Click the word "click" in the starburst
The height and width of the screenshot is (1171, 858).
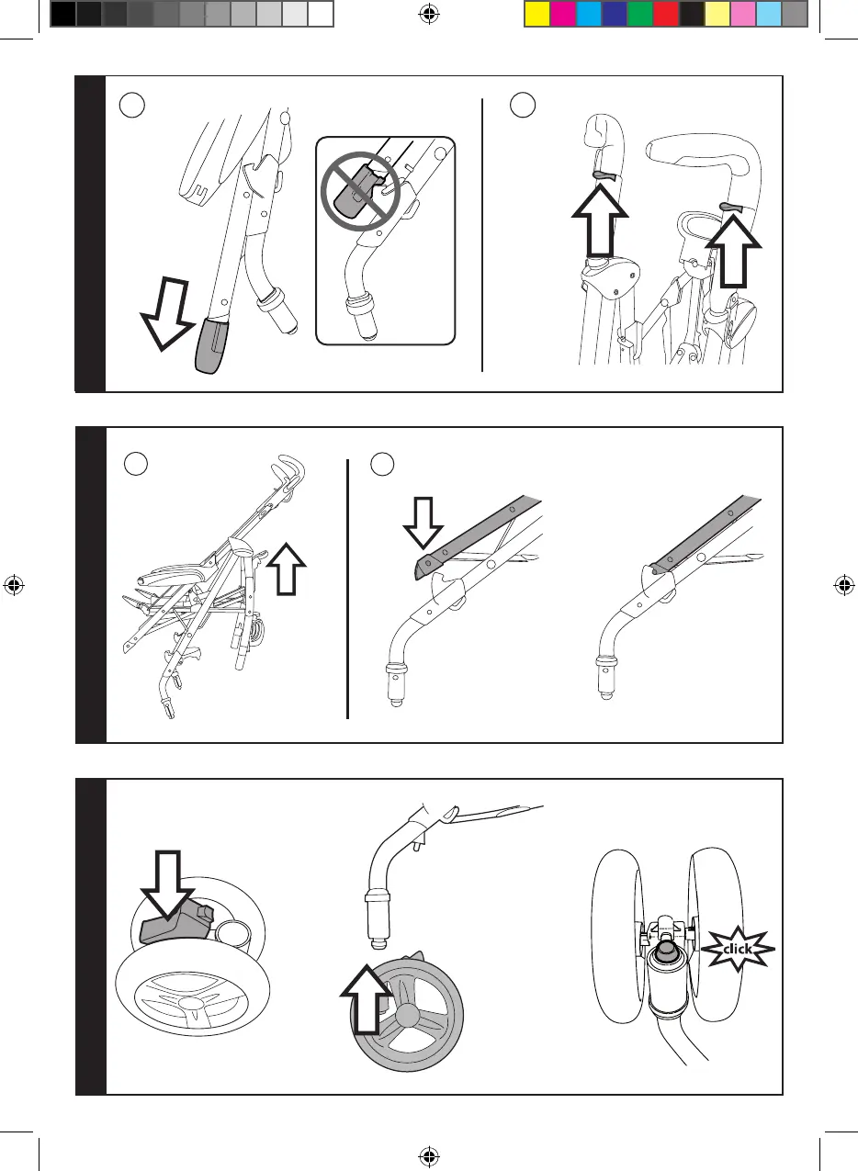click(738, 948)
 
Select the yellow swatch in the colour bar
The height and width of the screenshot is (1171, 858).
click(537, 14)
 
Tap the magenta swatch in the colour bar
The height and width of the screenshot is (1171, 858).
click(563, 14)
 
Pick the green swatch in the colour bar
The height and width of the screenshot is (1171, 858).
click(640, 14)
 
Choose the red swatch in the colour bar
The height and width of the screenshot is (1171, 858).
click(666, 14)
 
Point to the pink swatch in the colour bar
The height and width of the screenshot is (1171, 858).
click(743, 14)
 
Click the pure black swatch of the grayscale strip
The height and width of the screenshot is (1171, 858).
click(62, 14)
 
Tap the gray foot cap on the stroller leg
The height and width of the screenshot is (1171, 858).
click(215, 343)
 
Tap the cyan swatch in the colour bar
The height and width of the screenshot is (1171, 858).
click(589, 14)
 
